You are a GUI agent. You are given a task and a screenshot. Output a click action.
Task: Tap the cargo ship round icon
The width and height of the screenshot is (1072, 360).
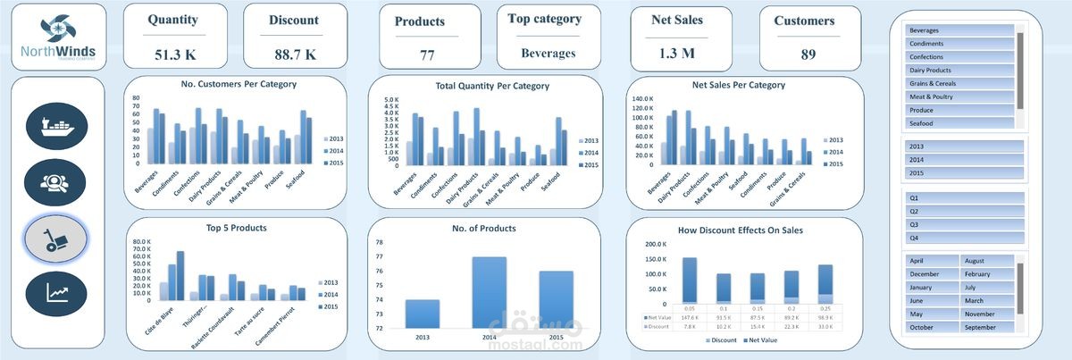58,125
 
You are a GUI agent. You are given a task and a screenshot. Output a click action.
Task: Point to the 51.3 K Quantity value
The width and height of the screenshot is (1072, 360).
175,54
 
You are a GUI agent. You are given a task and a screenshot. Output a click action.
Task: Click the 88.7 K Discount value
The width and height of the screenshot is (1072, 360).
295,54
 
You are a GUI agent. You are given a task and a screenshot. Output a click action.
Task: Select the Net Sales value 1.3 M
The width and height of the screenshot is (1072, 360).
676,54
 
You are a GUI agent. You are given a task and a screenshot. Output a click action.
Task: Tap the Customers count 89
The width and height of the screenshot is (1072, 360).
808,54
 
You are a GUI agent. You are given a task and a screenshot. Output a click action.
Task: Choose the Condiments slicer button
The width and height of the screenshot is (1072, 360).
959,44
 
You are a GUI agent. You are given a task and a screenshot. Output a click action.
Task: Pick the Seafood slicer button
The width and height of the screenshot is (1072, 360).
959,123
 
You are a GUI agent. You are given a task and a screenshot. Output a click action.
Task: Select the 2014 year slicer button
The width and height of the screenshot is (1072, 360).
964,159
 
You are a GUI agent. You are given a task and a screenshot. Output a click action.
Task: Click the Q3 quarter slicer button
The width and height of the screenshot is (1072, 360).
964,224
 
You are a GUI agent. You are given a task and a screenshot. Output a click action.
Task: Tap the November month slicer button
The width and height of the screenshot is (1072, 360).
987,314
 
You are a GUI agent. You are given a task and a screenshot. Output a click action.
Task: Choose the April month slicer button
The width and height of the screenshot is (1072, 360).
933,261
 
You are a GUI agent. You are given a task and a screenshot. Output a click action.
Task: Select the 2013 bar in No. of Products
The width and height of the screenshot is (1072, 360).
423,314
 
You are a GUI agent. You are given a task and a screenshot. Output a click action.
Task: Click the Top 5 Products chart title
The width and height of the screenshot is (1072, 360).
237,229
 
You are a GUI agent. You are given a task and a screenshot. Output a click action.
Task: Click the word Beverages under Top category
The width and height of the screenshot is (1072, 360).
549,54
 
